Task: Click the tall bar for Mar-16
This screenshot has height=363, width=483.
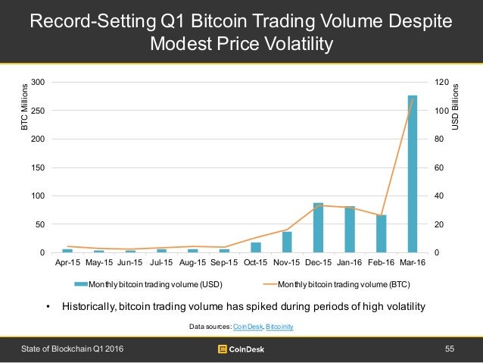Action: pos(413,174)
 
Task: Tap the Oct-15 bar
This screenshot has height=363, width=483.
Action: pos(256,247)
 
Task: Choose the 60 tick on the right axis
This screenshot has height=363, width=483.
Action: pos(437,167)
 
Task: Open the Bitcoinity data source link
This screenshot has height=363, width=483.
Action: pos(279,326)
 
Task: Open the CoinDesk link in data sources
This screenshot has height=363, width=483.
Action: pos(246,326)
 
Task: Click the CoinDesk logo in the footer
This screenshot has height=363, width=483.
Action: pos(241,349)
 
